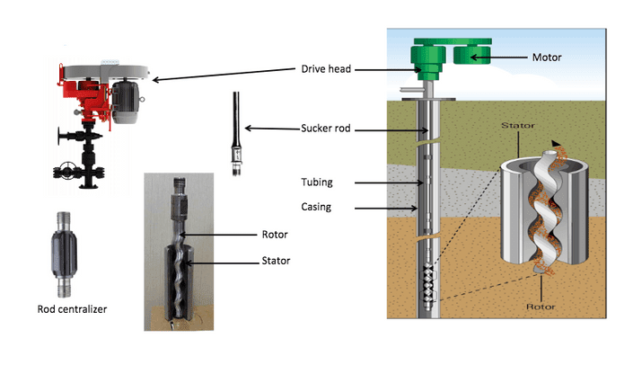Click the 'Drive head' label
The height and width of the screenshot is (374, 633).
tap(326, 69)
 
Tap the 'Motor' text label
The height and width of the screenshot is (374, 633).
tap(547, 58)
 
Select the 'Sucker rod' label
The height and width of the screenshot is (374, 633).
tap(325, 129)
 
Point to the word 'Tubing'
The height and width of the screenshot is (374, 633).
tap(317, 183)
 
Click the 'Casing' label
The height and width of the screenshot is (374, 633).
tap(316, 207)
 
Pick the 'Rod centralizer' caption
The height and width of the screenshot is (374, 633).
tap(72, 309)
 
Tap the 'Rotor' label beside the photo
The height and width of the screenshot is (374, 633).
tap(275, 235)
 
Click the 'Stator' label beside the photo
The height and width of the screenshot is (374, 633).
tap(276, 261)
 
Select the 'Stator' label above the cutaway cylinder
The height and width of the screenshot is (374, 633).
tap(518, 126)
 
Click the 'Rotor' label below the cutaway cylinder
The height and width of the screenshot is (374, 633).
tap(541, 307)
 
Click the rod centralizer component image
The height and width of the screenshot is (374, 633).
tap(64, 254)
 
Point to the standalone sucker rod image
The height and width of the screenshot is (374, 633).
tap(236, 133)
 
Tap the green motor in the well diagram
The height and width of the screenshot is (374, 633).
tap(471, 56)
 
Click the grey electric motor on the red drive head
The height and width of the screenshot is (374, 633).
tap(126, 101)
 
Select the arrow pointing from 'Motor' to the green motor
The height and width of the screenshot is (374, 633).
tap(499, 58)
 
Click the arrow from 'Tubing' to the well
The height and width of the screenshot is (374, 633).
tap(389, 183)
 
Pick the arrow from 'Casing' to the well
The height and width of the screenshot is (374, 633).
tap(386, 209)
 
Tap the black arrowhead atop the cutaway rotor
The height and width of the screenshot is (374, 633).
tap(556, 143)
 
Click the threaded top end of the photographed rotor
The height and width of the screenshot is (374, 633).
tap(180, 185)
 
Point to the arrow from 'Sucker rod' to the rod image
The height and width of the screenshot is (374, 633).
tap(272, 129)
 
